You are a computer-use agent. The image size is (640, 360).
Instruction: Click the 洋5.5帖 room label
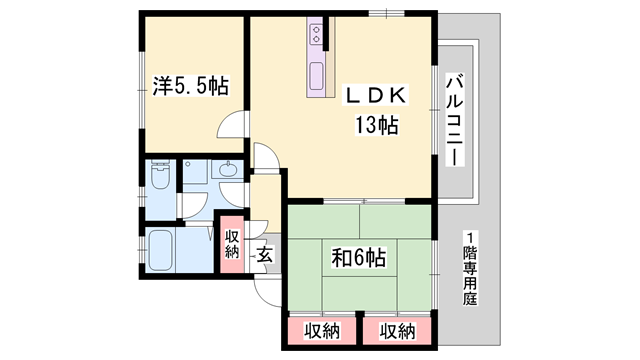tap(190, 87)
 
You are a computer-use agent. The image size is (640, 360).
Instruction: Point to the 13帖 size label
tap(376, 126)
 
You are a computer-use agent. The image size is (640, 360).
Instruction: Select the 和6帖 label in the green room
tap(359, 258)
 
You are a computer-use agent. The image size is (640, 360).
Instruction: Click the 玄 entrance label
tap(265, 255)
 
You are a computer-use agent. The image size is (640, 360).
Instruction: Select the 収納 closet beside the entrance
tap(232, 243)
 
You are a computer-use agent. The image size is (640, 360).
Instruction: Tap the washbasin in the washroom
tap(228, 170)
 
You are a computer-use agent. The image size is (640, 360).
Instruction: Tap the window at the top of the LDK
tap(383, 12)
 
